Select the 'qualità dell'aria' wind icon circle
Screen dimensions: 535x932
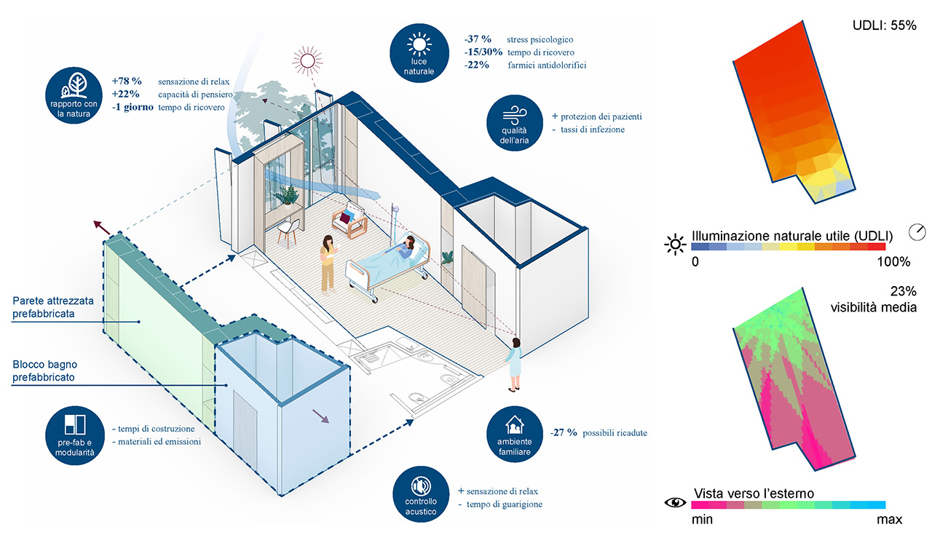(514, 121)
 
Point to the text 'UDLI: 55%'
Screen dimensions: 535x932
(884, 25)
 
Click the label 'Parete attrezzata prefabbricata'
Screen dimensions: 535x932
(58, 306)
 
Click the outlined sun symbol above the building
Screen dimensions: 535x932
(305, 60)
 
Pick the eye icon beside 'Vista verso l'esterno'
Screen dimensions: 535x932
(676, 502)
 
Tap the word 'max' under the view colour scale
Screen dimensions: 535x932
(889, 519)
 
